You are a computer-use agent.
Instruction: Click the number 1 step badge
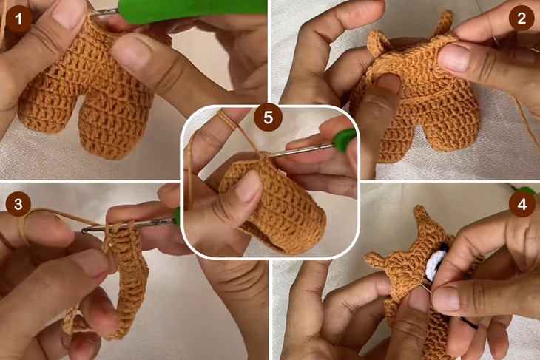tap(18, 18)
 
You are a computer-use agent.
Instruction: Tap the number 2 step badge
tap(522, 17)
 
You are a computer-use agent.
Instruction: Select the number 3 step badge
tap(18, 204)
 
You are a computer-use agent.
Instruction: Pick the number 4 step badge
tap(522, 204)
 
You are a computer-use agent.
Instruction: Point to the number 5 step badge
tap(268, 118)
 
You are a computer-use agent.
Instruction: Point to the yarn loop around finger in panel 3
tap(24, 227)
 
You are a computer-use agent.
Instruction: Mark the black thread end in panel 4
tap(469, 322)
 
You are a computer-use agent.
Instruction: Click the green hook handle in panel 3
tap(178, 216)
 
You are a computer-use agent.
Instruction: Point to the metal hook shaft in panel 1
tap(105, 13)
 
